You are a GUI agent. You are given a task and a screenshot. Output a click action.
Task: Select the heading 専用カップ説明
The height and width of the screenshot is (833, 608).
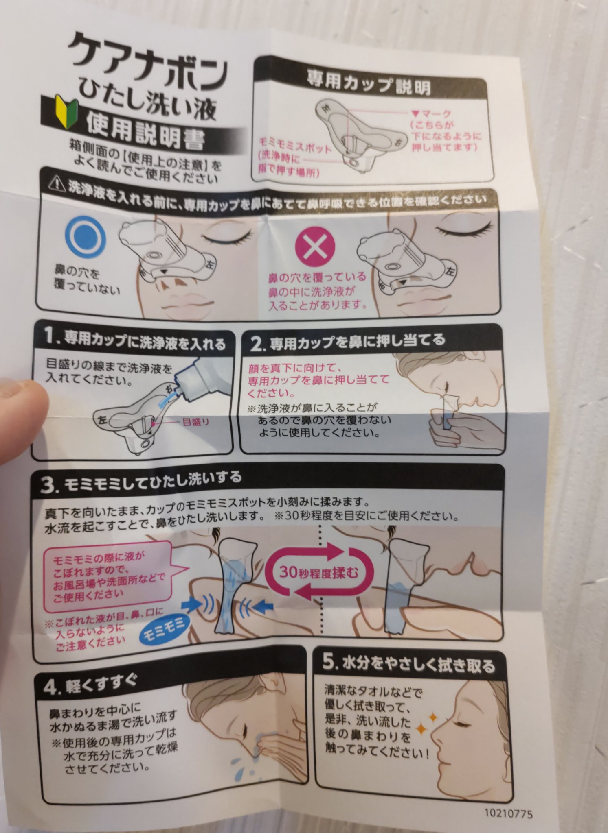(369, 83)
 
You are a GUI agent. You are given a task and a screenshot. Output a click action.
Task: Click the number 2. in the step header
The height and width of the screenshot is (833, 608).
(257, 345)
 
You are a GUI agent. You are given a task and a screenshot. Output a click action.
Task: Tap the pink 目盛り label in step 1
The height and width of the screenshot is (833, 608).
(196, 422)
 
